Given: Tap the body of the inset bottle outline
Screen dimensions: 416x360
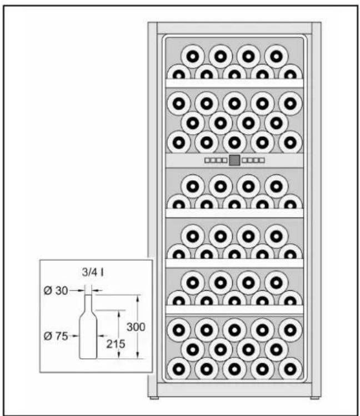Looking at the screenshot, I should pos(88,336).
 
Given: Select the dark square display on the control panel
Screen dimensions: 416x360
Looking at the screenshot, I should pos(234,160).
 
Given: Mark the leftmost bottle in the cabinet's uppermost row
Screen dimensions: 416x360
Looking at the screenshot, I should pos(193,56).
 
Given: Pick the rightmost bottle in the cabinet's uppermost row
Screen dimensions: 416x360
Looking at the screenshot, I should pos(276,56).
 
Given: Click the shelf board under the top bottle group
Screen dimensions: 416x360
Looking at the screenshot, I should pos(234,83).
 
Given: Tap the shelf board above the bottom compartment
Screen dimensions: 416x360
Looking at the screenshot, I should pos(234,309).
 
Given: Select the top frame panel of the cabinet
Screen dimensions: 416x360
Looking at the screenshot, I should pos(234,28).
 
